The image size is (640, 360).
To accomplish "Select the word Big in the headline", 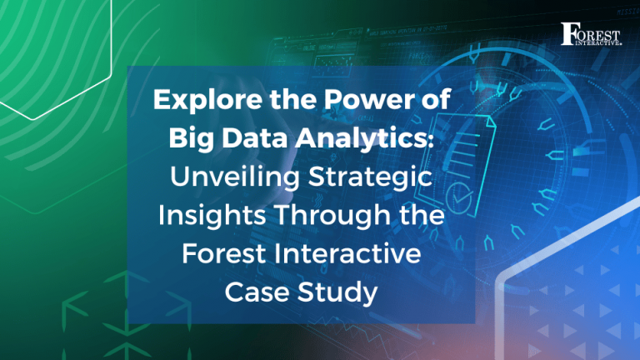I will coord(188,139).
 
